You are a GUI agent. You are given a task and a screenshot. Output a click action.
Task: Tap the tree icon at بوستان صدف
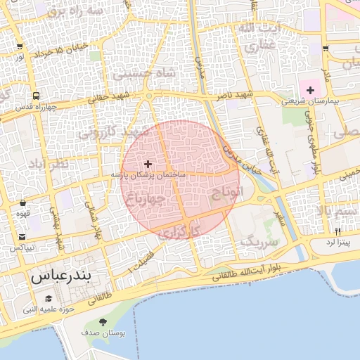(x=104, y=322)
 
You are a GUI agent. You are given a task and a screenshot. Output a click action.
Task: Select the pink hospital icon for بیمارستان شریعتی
(x=310, y=90)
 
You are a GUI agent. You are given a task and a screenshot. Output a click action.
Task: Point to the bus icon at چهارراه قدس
(x=35, y=96)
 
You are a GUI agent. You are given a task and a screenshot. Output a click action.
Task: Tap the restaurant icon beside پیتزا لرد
(x=337, y=231)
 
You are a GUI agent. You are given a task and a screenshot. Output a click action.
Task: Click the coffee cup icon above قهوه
(x=23, y=204)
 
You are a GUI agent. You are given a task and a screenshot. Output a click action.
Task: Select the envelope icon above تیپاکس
(x=23, y=237)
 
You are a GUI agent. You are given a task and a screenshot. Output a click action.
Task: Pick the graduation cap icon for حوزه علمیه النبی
(x=49, y=298)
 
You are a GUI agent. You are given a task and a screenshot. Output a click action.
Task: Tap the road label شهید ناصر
(x=234, y=94)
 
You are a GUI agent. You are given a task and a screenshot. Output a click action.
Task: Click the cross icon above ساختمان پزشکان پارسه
(x=148, y=163)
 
